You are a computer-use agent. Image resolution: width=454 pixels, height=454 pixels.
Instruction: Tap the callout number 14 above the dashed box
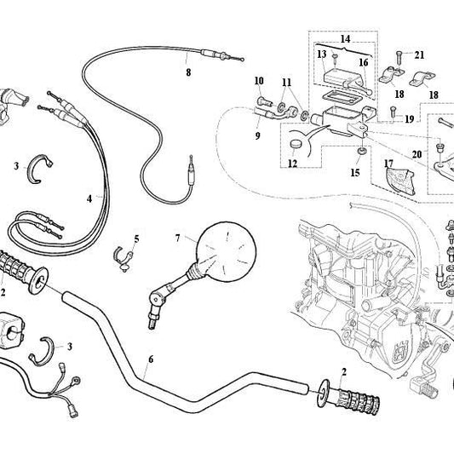tap(344, 38)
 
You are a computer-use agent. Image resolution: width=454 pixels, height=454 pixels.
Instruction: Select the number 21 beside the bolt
tap(419, 55)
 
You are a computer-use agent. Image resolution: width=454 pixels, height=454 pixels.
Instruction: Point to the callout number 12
tap(294, 160)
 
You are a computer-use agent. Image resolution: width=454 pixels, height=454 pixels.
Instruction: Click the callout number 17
tap(388, 162)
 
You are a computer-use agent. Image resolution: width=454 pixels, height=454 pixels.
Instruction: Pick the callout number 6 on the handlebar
tap(151, 359)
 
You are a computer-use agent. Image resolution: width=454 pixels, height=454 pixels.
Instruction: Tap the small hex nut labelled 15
tap(362, 152)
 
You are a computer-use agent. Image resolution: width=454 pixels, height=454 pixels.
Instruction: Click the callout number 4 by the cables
tap(89, 197)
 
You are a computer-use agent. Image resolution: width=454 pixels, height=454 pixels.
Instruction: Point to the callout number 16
tap(362, 62)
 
